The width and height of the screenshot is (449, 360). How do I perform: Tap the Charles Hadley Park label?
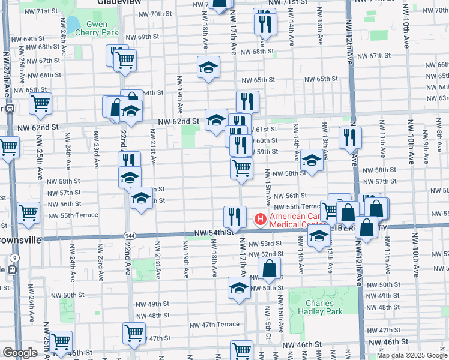(319, 307)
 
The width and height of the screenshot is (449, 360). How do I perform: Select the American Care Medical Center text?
(298, 221)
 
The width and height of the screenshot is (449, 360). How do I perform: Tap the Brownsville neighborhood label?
(20, 239)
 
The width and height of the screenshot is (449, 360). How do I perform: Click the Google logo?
(19, 353)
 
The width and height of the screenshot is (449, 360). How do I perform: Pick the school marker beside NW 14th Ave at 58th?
(312, 160)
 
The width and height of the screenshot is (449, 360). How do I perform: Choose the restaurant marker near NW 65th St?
(247, 100)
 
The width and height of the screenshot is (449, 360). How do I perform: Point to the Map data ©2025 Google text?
(412, 355)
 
